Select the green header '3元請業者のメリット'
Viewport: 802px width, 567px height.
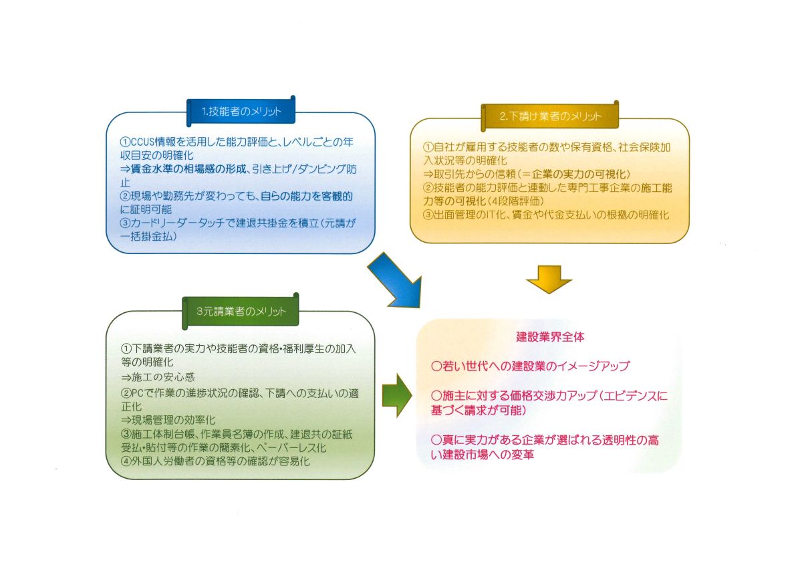coord(241,312)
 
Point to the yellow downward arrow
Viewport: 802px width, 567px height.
coord(549,278)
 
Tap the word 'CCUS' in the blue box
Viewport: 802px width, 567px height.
coord(142,142)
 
